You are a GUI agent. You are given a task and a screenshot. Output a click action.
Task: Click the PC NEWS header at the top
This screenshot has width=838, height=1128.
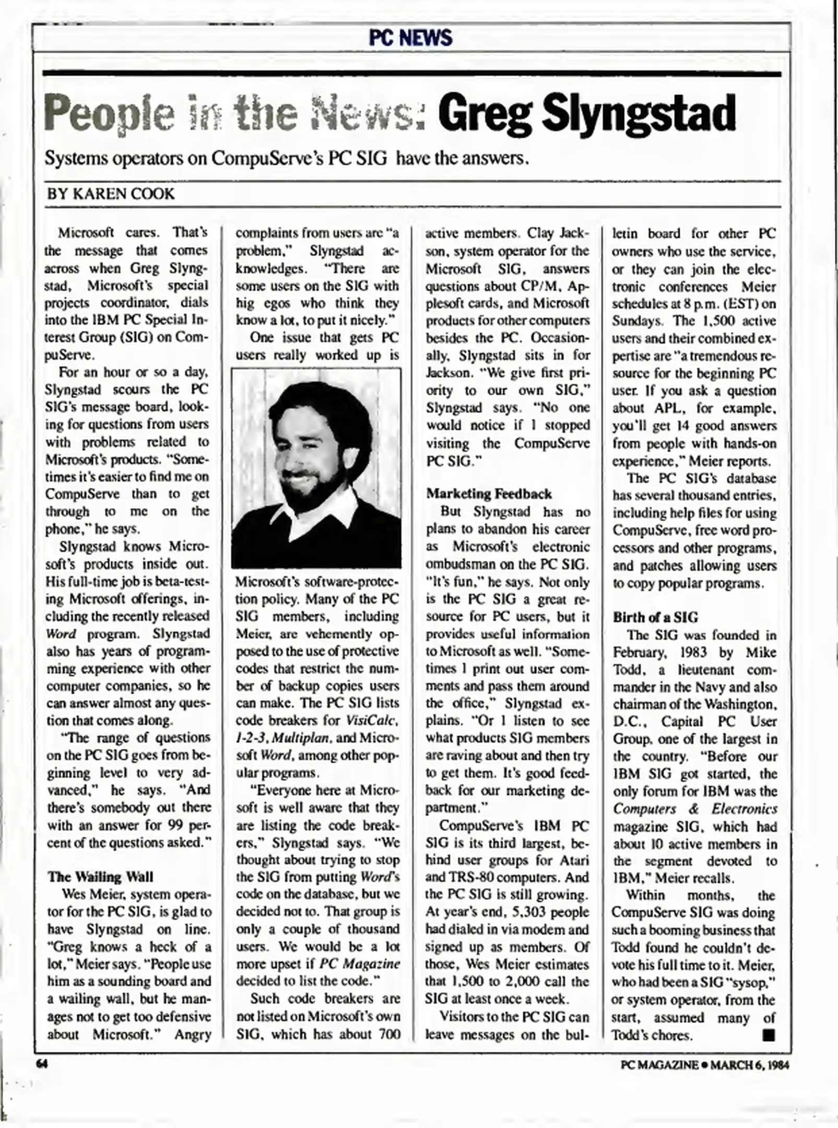coord(410,38)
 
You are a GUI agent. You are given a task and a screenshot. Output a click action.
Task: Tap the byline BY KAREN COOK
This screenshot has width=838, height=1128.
coord(111,194)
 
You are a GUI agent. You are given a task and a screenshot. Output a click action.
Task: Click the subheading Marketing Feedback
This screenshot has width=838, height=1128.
coord(489,494)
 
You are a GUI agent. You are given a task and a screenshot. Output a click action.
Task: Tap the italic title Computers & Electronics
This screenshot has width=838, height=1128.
coord(694,809)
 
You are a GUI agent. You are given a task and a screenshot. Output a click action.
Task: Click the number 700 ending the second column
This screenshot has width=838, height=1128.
coord(387,1034)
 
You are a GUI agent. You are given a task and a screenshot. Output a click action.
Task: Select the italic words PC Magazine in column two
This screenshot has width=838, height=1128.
coord(360,964)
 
